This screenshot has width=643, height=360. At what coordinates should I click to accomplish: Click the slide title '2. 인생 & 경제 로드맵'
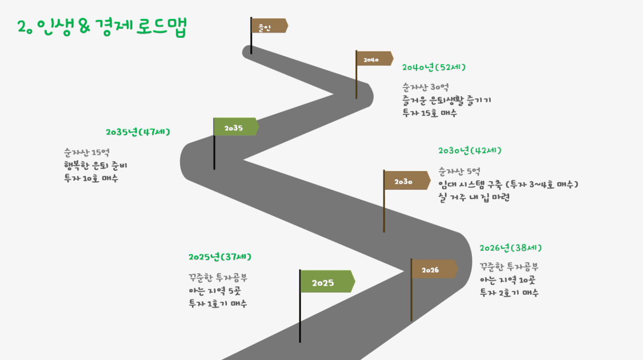(102, 27)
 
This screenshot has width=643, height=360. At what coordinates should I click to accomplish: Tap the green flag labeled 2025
(327, 281)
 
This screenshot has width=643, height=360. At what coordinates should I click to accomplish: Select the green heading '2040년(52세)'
(434, 67)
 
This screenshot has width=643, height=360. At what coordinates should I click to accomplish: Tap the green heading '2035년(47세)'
(138, 132)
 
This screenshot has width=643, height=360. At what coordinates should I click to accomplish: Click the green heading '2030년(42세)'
(470, 150)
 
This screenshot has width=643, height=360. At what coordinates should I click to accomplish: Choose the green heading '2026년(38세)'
(511, 247)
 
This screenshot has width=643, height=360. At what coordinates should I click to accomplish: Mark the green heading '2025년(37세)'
(220, 256)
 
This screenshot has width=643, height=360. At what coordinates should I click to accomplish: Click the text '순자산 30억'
(426, 87)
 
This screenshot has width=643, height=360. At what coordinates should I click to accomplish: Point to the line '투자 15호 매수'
(429, 113)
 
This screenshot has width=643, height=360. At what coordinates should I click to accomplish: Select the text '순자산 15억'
(87, 152)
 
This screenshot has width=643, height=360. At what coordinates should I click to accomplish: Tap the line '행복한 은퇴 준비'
(96, 165)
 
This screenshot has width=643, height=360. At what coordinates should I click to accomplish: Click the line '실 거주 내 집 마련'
(474, 198)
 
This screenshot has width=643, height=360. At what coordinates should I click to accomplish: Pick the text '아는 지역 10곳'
(508, 280)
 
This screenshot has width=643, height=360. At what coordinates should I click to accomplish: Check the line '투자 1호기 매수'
(218, 303)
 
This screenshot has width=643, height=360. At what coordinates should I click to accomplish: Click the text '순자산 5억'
(459, 171)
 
